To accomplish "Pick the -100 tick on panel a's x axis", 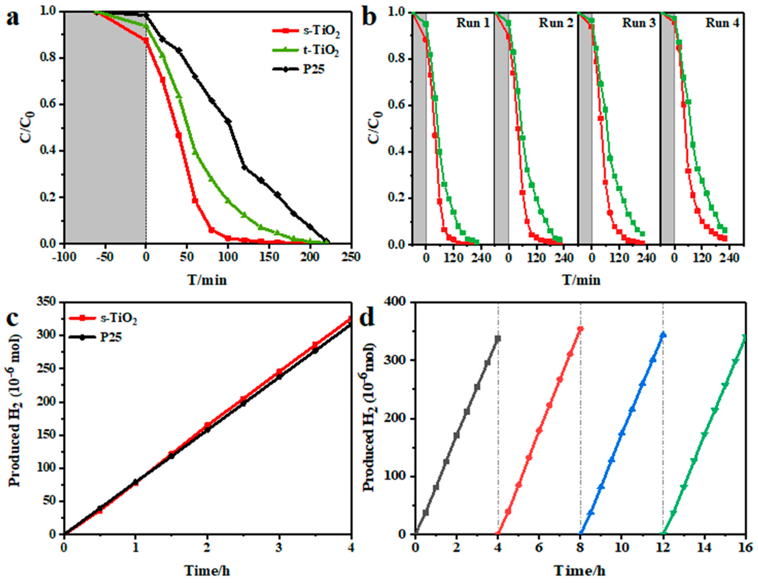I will tap(64, 257).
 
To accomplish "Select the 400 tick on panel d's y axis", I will tap(395, 302).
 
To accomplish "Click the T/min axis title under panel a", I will tap(208, 280).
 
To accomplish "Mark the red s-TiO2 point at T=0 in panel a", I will tap(146, 41).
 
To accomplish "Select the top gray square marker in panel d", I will tap(498, 338).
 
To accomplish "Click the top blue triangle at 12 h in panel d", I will tap(663, 335).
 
